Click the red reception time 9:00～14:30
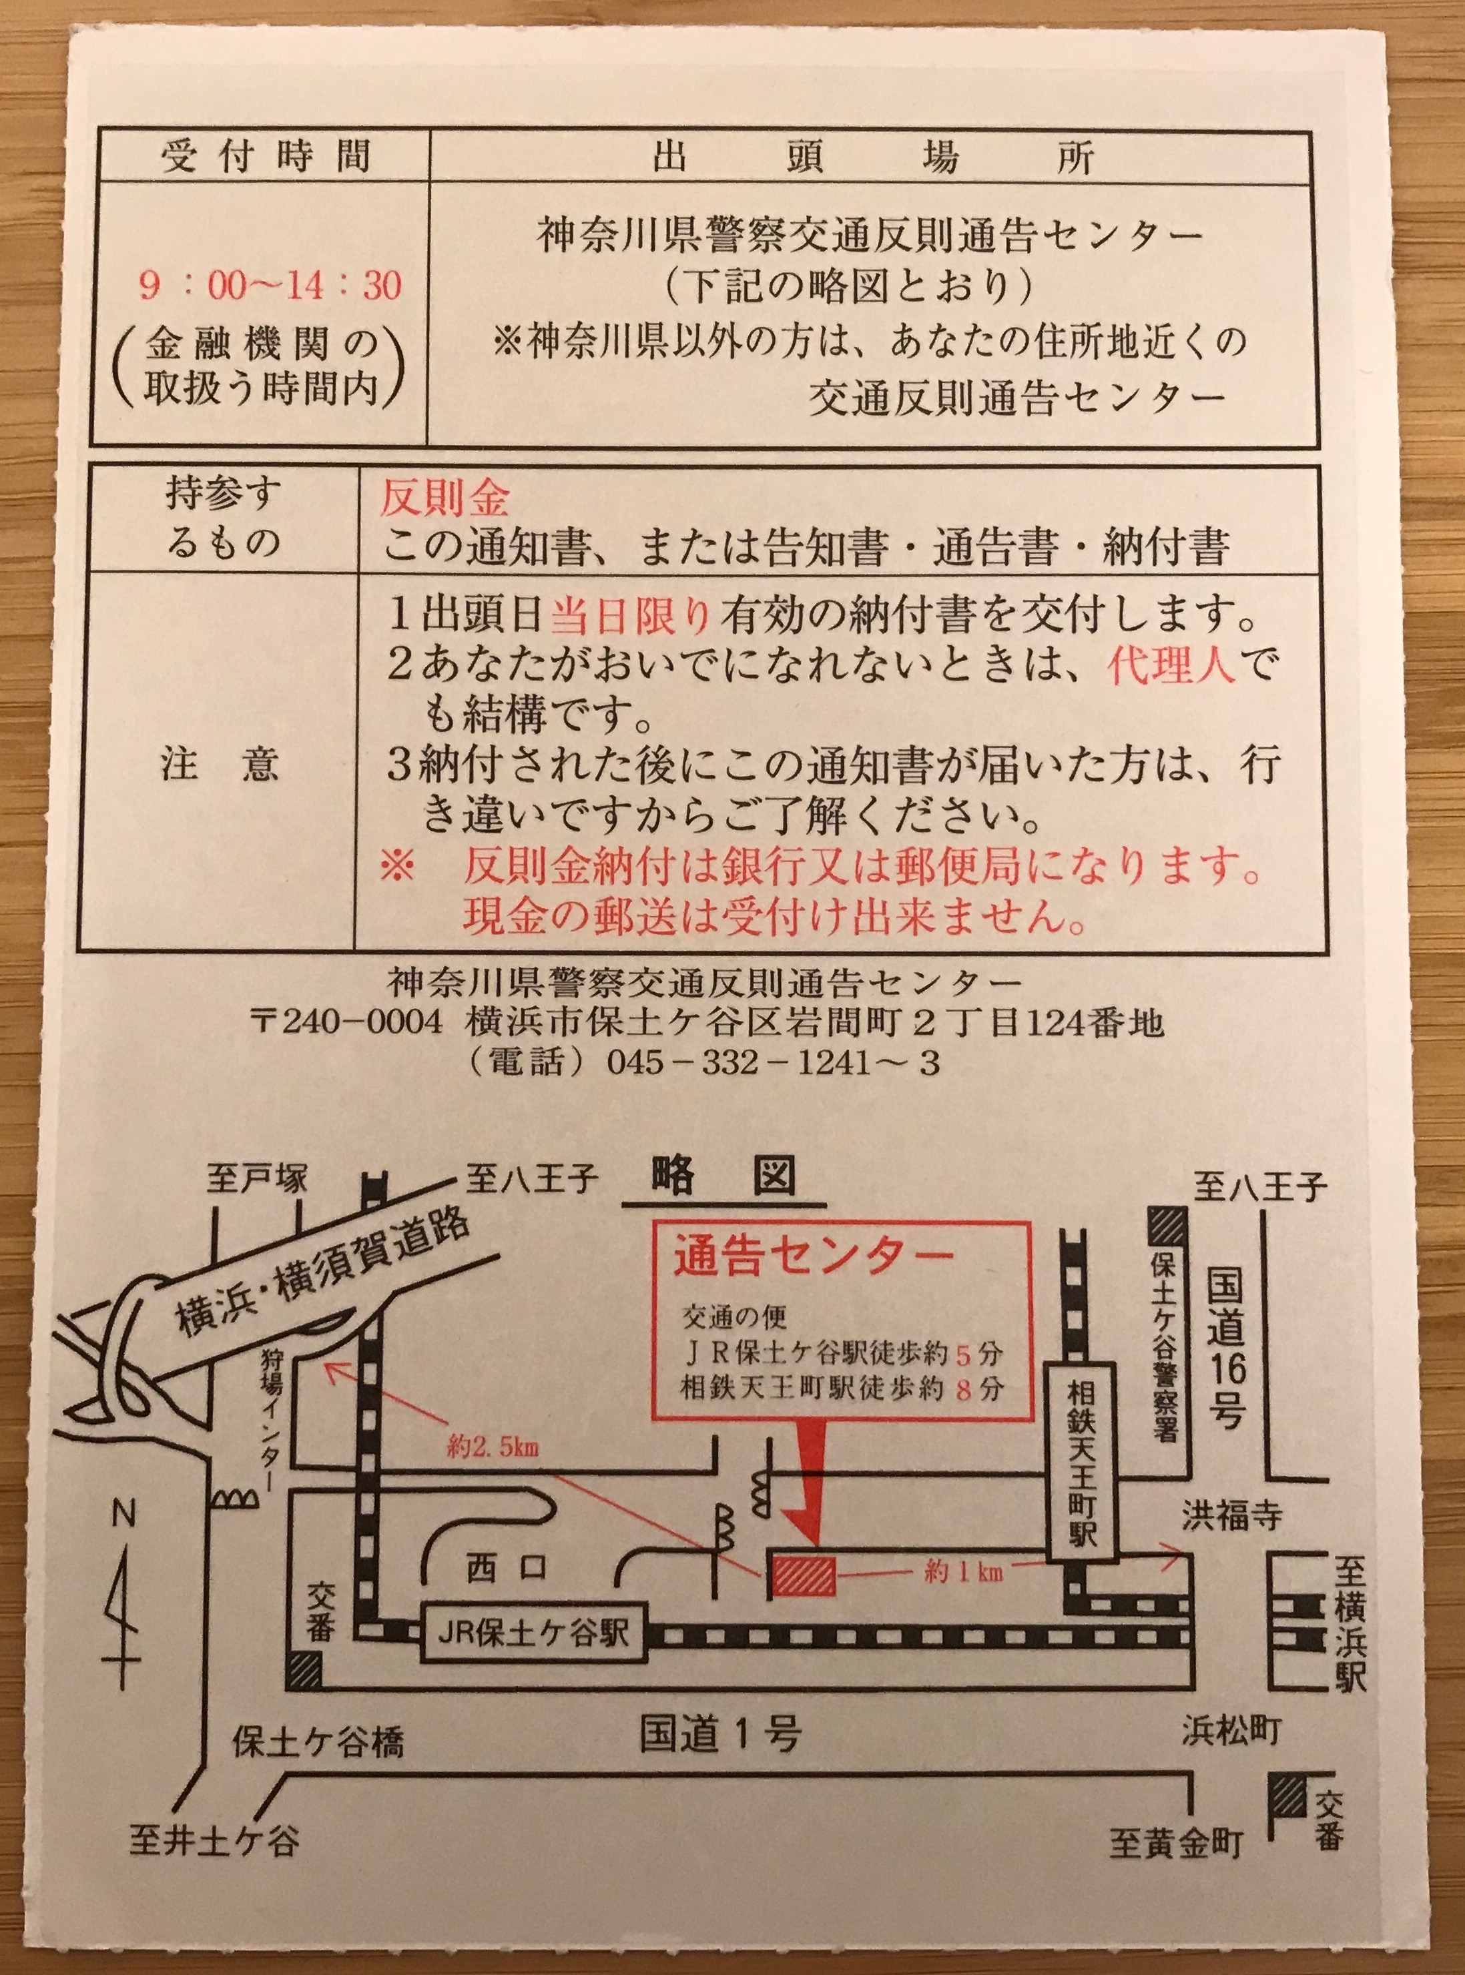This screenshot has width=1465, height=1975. pos(270,286)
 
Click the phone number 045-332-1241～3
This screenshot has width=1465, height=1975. pos(772,1063)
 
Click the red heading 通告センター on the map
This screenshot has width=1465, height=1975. pos(813,1260)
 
